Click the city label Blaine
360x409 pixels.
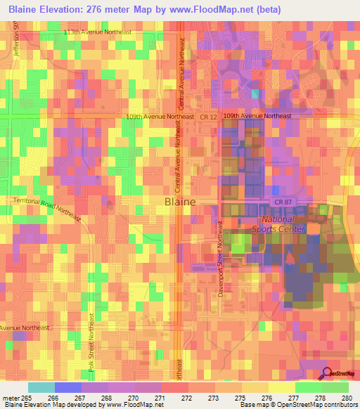click(179, 201)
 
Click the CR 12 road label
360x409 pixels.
click(208, 116)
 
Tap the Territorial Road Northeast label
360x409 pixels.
click(48, 209)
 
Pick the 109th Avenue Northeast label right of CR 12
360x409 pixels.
click(257, 116)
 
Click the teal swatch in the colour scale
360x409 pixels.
click(41, 387)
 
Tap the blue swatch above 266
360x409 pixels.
click(68, 387)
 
